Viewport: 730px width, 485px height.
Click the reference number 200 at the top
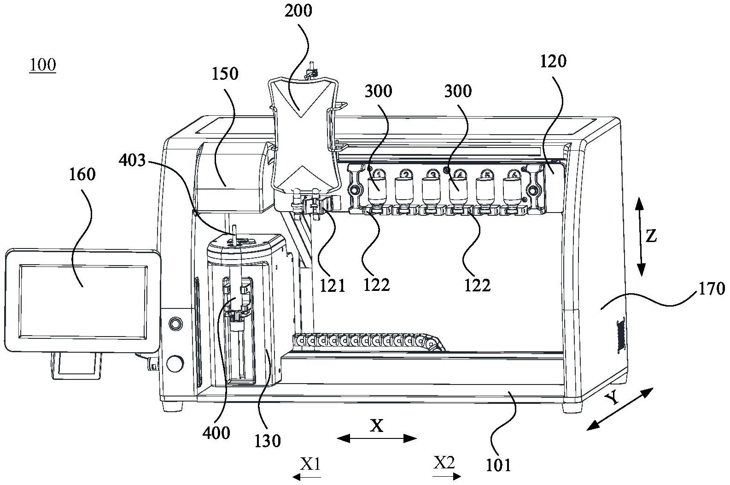click(x=298, y=11)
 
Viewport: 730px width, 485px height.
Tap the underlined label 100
click(x=43, y=65)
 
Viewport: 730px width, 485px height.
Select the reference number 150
click(x=225, y=73)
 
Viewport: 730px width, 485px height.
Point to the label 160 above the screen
click(x=82, y=174)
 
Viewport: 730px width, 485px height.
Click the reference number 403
click(x=132, y=161)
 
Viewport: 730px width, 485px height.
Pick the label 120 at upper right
click(x=553, y=61)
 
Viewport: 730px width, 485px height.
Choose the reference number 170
click(x=712, y=289)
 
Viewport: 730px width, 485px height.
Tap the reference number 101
click(x=499, y=465)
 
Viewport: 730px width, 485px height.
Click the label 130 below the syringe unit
click(x=268, y=441)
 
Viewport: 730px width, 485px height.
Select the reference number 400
click(x=216, y=432)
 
